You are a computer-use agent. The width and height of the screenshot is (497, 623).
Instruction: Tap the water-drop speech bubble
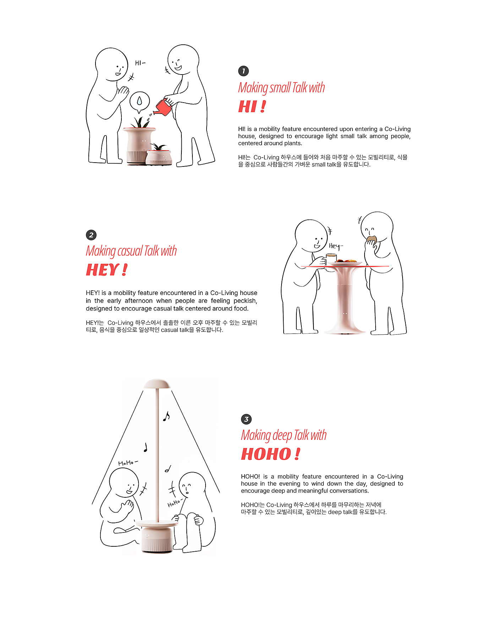[x=140, y=102]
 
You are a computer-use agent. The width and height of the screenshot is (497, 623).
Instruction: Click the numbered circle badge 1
[x=244, y=71]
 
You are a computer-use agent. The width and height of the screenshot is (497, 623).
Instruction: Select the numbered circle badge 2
[x=91, y=235]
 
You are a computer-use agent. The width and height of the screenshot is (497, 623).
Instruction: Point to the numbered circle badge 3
[x=246, y=419]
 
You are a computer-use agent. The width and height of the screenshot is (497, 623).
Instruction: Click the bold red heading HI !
[x=252, y=106]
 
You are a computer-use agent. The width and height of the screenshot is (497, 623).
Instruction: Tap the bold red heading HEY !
[x=106, y=270]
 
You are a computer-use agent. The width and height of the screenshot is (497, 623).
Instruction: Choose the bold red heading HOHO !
[x=271, y=454]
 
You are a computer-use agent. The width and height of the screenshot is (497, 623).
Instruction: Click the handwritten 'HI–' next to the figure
[x=140, y=63]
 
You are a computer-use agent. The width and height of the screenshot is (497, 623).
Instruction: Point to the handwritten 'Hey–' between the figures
[x=336, y=246]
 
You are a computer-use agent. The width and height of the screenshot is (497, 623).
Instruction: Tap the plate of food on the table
[x=344, y=263]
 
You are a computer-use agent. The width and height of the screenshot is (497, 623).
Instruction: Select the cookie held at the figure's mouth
[x=371, y=239]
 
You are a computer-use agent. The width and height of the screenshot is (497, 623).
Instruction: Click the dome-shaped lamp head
[x=157, y=384]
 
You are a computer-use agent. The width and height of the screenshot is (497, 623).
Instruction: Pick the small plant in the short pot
[x=158, y=146]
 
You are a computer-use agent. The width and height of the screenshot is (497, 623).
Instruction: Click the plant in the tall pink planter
[x=140, y=122]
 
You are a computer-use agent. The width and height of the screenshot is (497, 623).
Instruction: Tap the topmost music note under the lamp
[x=166, y=416]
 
